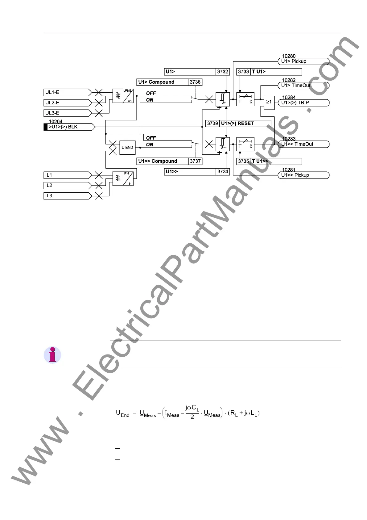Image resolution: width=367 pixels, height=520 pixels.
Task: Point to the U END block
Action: pyautogui.click(x=127, y=148)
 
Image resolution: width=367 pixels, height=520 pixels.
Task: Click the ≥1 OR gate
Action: pyautogui.click(x=269, y=102)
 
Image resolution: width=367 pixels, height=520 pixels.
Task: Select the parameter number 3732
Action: pyautogui.click(x=223, y=72)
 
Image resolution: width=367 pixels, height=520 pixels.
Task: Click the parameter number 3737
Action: pyautogui.click(x=195, y=161)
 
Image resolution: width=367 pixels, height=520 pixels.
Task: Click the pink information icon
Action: pyautogui.click(x=52, y=355)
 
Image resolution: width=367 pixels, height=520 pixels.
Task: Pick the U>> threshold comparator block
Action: pyautogui.click(x=223, y=144)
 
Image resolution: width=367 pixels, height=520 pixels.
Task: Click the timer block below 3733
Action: pyautogui.click(x=245, y=99)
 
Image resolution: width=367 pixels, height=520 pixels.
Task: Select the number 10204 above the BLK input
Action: pyautogui.click(x=56, y=122)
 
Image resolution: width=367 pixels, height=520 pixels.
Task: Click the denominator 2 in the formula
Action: pyautogui.click(x=192, y=417)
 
